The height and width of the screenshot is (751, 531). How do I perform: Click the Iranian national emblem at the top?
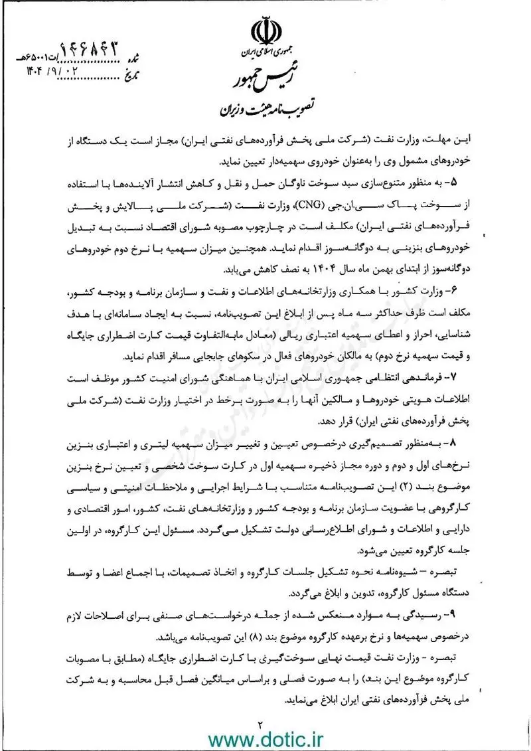point(265,29)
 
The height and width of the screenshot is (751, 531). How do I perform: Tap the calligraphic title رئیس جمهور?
point(265,75)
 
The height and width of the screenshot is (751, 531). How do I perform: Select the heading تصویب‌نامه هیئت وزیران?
point(266,106)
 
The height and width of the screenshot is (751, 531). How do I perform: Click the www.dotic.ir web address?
point(265,738)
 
